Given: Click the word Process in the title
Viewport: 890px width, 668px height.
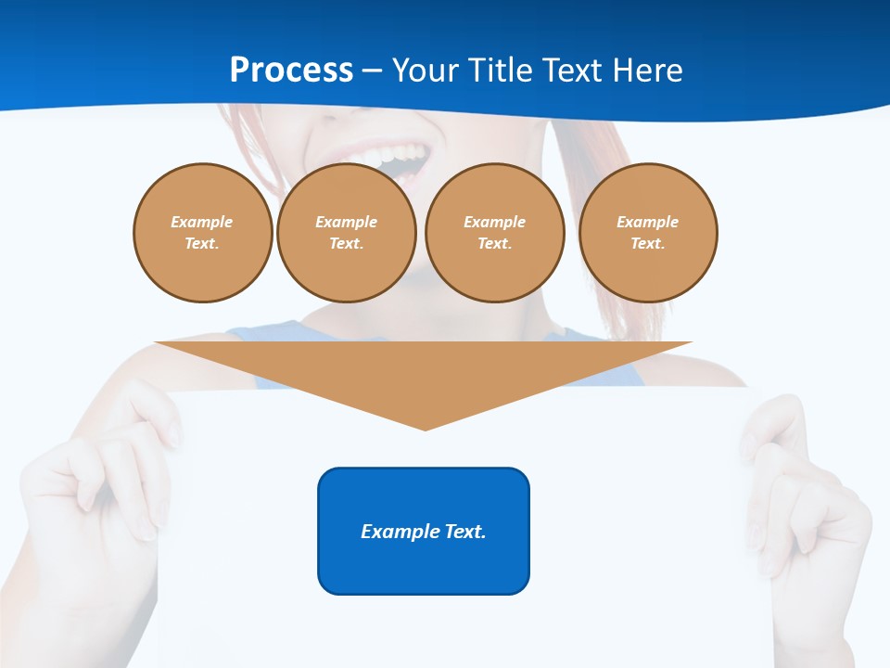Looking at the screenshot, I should pyautogui.click(x=291, y=71).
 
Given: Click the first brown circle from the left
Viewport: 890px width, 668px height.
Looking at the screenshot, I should pyautogui.click(x=202, y=233).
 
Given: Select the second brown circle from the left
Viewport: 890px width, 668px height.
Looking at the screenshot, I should pyautogui.click(x=347, y=233).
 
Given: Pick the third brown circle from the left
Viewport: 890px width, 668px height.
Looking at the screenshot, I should pyautogui.click(x=495, y=233).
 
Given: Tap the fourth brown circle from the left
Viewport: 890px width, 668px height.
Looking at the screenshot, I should pyautogui.click(x=648, y=233).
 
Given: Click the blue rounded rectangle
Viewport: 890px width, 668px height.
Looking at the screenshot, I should pyautogui.click(x=424, y=531).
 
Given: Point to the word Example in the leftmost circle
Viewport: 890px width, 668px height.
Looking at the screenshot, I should pyautogui.click(x=202, y=222).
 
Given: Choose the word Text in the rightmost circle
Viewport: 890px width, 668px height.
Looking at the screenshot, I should pyautogui.click(x=647, y=244).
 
